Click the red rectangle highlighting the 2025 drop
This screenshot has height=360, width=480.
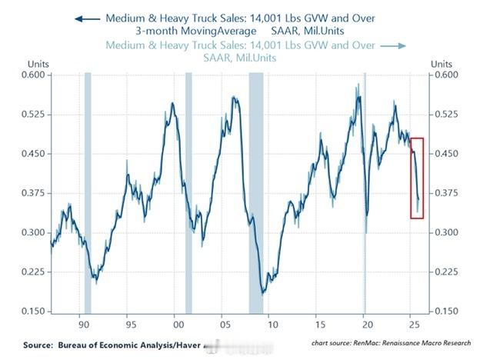coord(416,178)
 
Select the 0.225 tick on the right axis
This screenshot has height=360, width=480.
coord(448,272)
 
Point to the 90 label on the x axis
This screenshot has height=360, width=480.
coord(80,324)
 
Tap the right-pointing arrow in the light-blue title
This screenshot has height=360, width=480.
coord(393,46)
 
